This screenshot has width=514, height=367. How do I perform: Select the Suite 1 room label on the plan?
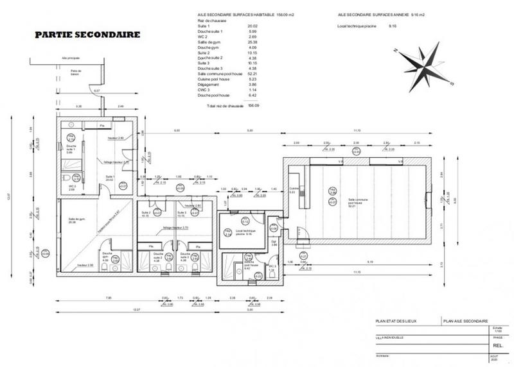coord(110,178)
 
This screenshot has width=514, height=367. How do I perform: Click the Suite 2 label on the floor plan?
coord(145,214)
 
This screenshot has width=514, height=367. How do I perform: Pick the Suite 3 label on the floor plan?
coord(181,214)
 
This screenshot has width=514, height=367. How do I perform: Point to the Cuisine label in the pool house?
coord(292,191)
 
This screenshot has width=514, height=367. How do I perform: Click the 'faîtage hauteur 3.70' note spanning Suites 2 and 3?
coord(175,227)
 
